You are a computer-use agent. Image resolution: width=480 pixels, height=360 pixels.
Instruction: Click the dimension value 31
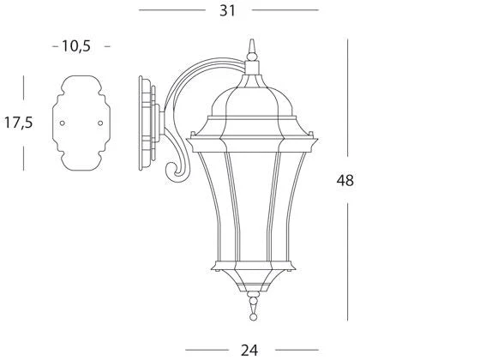(227, 10)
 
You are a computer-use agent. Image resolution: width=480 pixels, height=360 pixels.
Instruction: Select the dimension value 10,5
(76, 46)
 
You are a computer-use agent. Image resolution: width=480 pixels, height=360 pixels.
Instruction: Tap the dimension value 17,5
(18, 123)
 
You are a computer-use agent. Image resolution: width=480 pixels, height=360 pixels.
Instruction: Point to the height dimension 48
(345, 180)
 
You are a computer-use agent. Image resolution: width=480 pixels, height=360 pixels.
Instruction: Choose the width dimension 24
(249, 351)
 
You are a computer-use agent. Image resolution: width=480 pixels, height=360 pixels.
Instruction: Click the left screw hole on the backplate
(62, 123)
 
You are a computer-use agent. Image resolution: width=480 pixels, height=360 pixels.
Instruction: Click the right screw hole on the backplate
(100, 123)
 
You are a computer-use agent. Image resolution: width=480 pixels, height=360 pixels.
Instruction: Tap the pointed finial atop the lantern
(252, 49)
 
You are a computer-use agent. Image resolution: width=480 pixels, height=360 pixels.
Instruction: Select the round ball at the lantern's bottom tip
(253, 317)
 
